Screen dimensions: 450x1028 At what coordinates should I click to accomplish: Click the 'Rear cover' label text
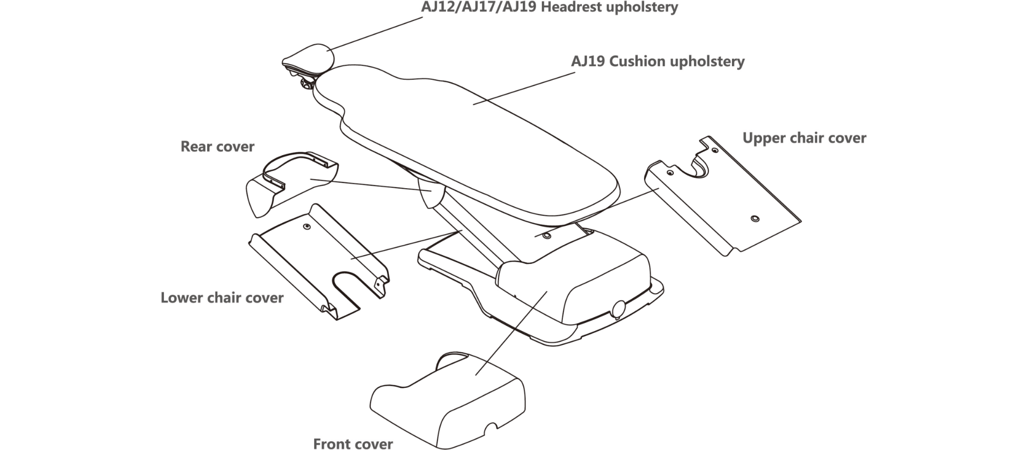click(217, 147)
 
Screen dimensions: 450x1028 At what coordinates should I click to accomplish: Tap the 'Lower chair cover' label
click(222, 298)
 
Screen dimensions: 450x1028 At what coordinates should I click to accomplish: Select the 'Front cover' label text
click(353, 443)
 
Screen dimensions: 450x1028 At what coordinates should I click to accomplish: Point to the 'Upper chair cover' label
click(804, 138)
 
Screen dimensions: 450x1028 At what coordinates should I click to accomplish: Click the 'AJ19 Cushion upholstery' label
click(657, 61)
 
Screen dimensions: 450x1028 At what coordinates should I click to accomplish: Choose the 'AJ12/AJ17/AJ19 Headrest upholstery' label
click(549, 7)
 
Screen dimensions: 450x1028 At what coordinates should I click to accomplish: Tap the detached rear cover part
click(288, 185)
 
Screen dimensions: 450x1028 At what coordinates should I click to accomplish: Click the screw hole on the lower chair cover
click(307, 226)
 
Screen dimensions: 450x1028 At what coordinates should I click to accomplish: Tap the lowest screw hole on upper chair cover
click(754, 219)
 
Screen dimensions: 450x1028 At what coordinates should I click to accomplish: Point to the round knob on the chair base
click(618, 308)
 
